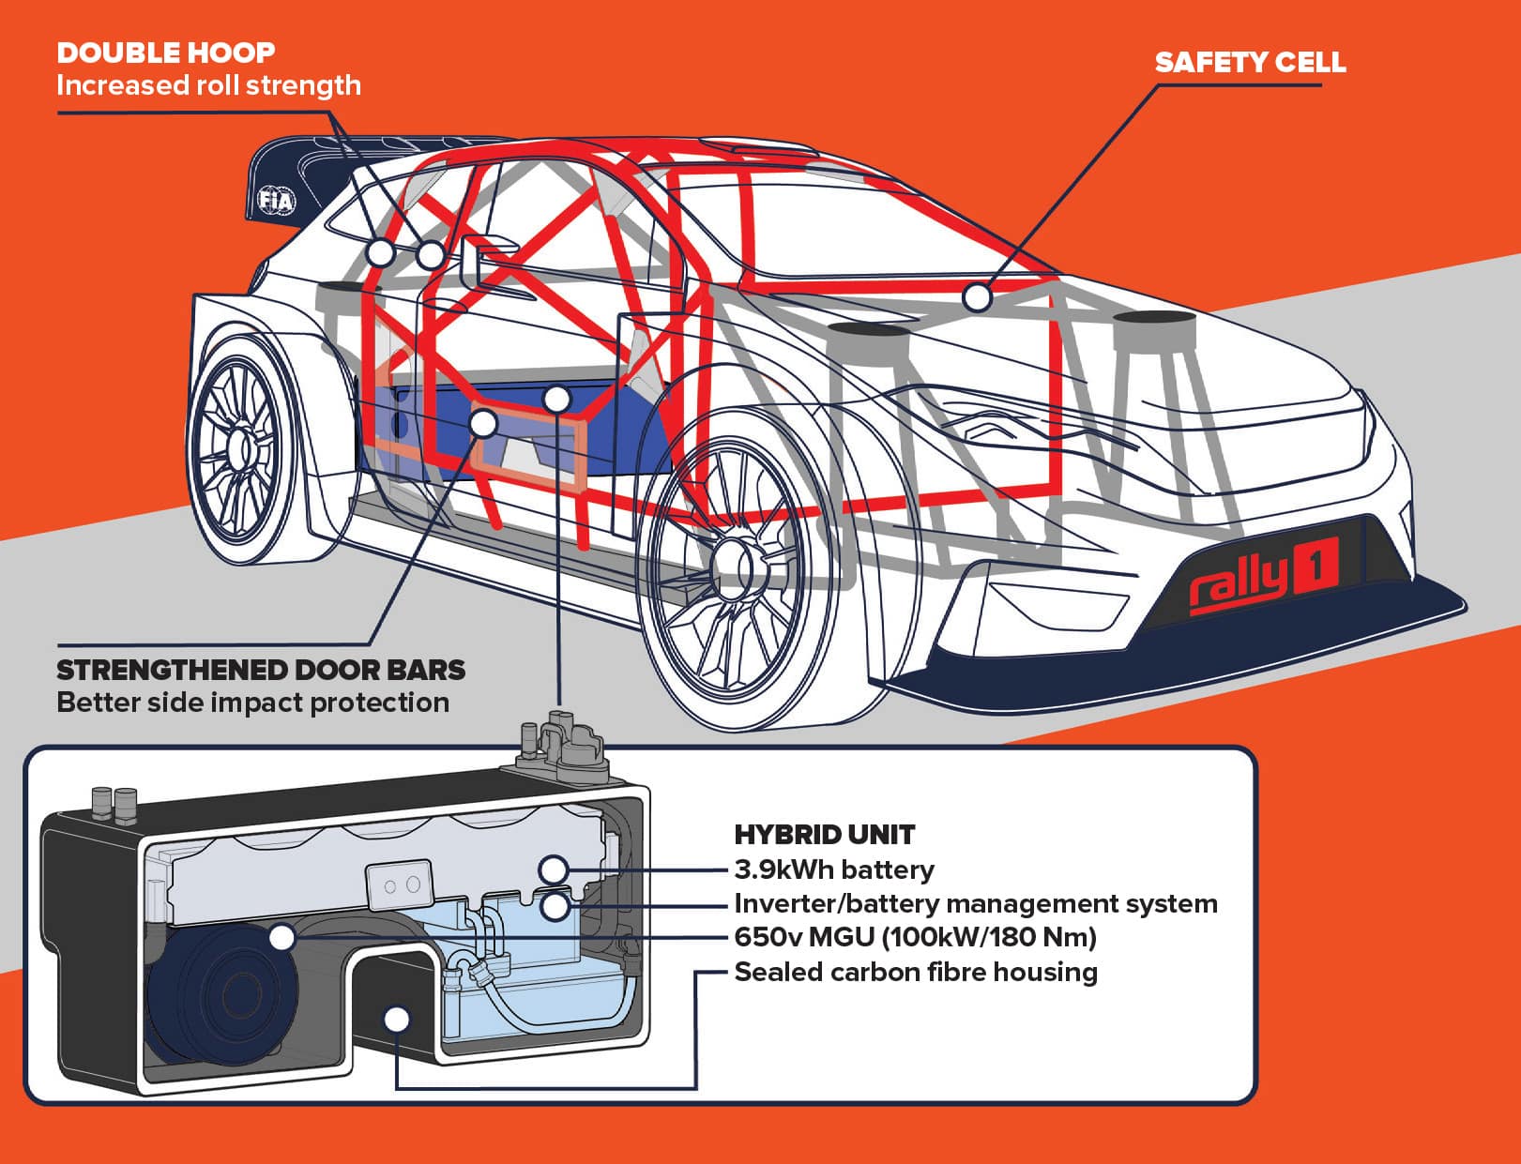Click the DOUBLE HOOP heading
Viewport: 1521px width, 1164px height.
pyautogui.click(x=165, y=53)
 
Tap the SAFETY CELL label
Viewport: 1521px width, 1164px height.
pyautogui.click(x=1249, y=63)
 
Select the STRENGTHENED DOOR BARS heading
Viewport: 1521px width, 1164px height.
pyautogui.click(x=261, y=670)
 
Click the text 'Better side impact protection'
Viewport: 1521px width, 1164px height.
pyautogui.click(x=252, y=703)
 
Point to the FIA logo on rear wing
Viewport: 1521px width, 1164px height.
pyautogui.click(x=276, y=201)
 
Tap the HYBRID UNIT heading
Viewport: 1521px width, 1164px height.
pyautogui.click(x=824, y=835)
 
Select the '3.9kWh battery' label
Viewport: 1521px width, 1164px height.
pyautogui.click(x=833, y=869)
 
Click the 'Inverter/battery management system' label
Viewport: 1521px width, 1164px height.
pyautogui.click(x=975, y=903)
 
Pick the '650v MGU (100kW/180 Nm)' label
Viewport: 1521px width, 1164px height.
pyautogui.click(x=915, y=937)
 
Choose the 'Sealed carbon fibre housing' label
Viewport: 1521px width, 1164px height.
pyautogui.click(x=915, y=972)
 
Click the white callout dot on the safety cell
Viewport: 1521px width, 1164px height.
pyautogui.click(x=978, y=297)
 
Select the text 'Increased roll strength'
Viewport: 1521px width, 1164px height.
pyautogui.click(x=208, y=85)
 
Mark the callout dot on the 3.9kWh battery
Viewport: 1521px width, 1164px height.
pyautogui.click(x=555, y=869)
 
